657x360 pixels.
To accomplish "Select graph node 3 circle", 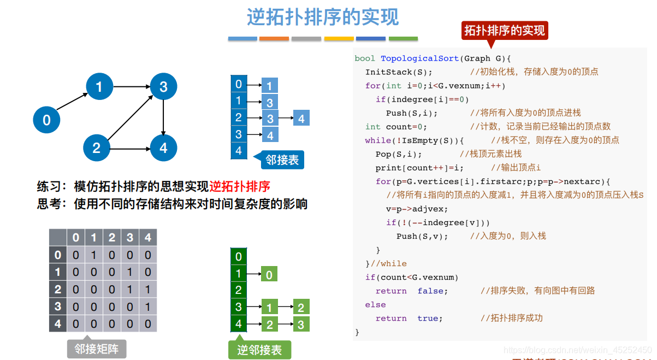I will pos(163,86).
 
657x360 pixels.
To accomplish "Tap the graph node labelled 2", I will pos(97,147).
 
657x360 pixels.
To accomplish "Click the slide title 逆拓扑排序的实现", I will pos(322,17).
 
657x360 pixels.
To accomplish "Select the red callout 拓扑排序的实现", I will pos(504,31).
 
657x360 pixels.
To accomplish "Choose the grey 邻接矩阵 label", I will pos(96,348).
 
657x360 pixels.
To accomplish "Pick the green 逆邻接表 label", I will pos(259,350).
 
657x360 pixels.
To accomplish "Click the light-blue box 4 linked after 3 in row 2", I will pos(301,118).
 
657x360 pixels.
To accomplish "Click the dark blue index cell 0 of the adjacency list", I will pos(239,84).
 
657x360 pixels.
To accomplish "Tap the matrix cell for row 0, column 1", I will pos(94,255).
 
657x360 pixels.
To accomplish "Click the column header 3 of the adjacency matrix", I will pos(130,238).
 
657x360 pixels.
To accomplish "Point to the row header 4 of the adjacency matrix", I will pos(57,324).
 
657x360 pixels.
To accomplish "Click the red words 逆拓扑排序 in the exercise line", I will pos(240,186).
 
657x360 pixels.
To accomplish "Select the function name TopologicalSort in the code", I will pos(419,58).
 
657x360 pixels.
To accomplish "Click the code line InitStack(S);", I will pos(399,72).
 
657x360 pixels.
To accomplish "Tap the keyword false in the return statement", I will pos(433,291).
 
